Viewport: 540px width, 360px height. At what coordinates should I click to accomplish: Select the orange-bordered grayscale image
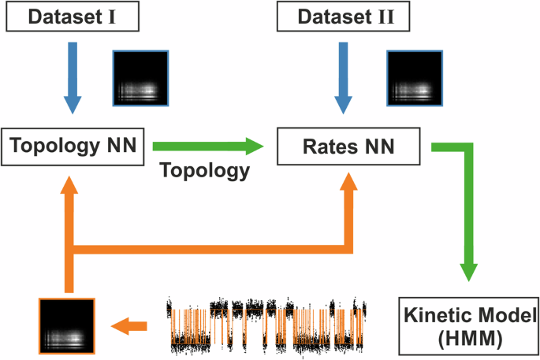(x=67, y=325)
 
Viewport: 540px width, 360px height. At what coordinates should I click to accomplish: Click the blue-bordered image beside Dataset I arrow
(x=141, y=77)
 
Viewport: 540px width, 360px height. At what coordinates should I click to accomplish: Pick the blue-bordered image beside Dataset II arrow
(x=415, y=77)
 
